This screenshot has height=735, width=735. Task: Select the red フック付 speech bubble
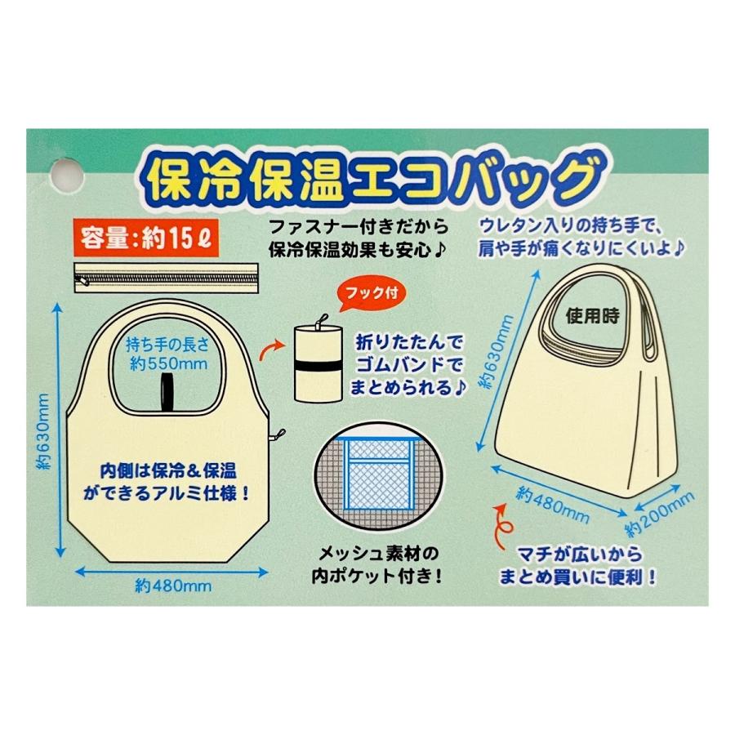(363, 292)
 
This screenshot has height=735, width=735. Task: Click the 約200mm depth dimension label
(663, 508)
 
